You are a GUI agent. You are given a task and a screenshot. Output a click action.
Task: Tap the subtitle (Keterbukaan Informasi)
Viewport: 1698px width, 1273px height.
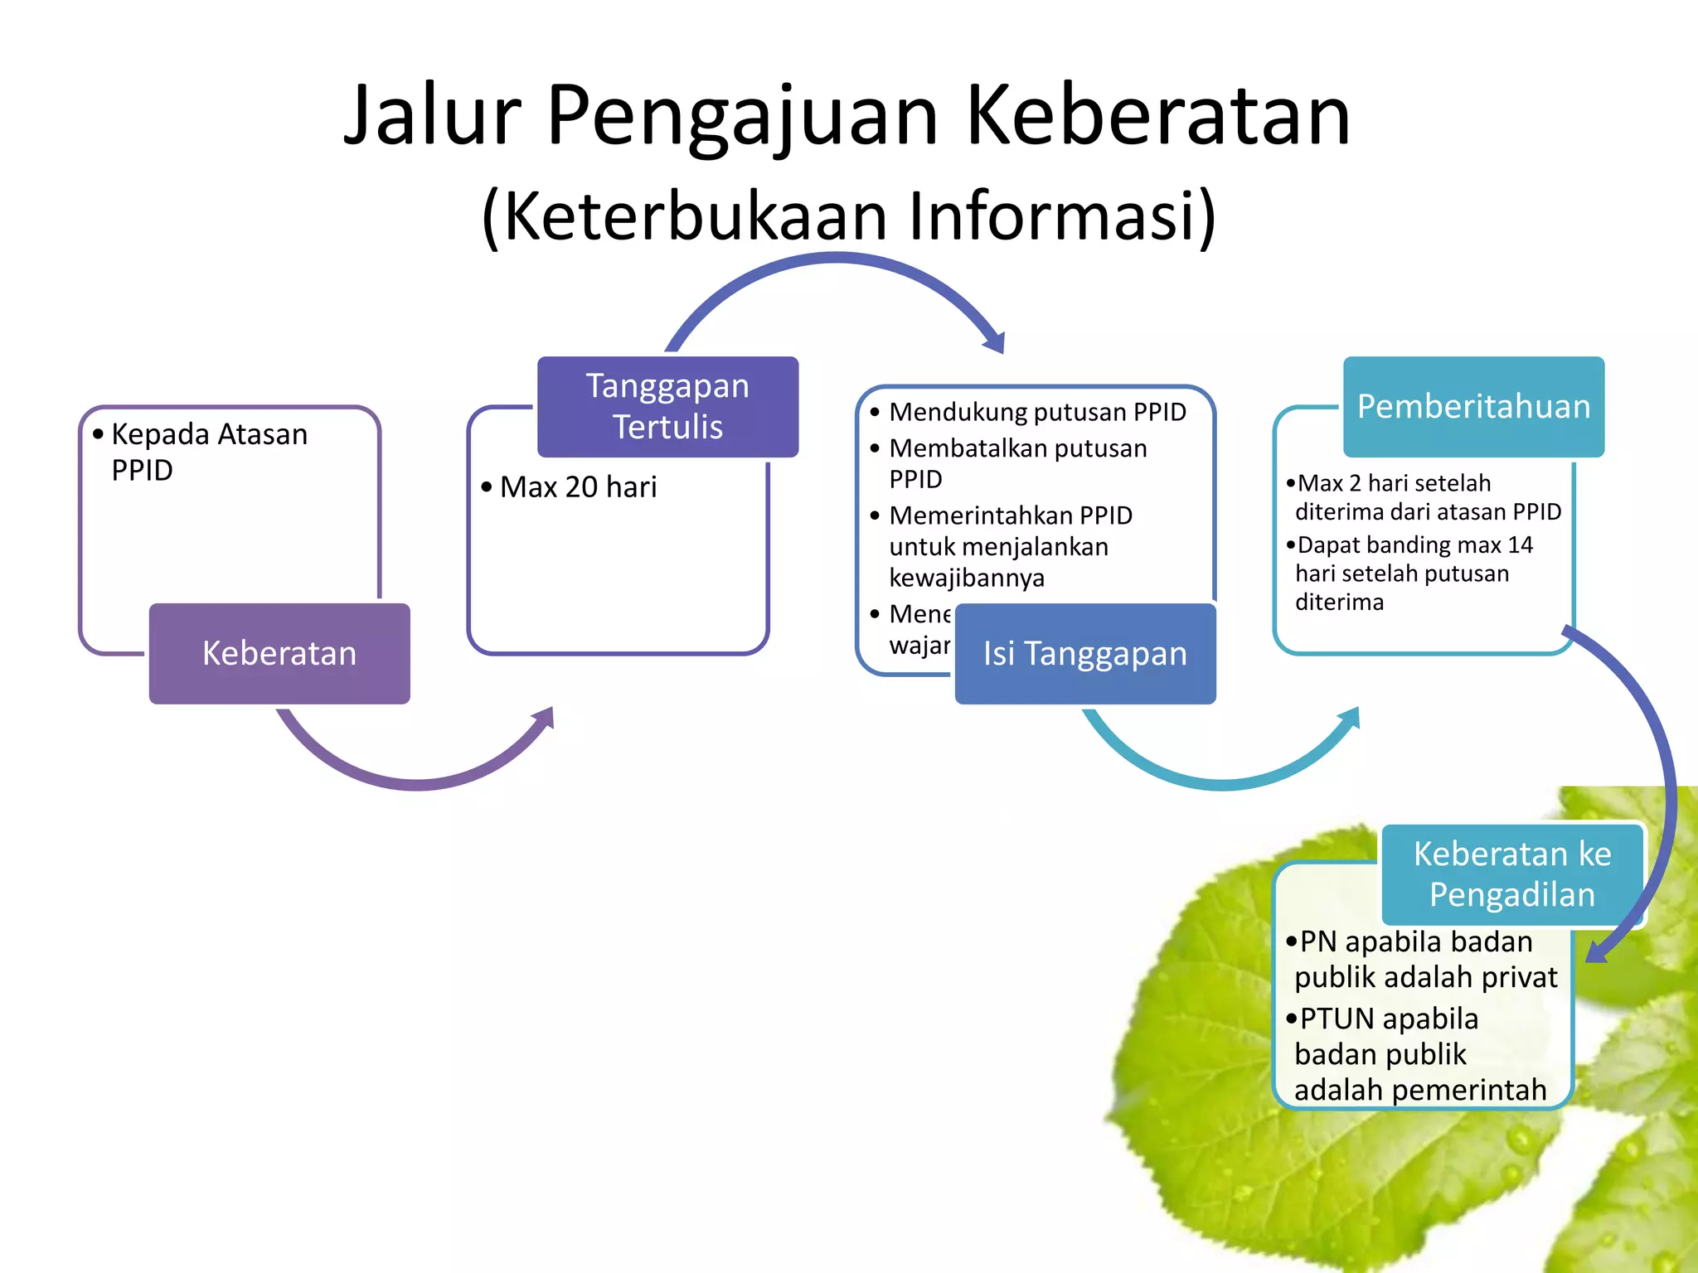pyautogui.click(x=849, y=215)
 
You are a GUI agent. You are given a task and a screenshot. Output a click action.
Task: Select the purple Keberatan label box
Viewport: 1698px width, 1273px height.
pyautogui.click(x=279, y=653)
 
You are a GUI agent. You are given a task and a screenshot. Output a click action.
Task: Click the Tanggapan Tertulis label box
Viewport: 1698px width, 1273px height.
pyautogui.click(x=667, y=406)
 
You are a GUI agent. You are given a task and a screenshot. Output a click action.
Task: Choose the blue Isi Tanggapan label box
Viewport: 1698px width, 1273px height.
pyautogui.click(x=1084, y=653)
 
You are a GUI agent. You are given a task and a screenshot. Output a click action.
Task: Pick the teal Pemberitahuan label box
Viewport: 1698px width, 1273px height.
pyautogui.click(x=1473, y=406)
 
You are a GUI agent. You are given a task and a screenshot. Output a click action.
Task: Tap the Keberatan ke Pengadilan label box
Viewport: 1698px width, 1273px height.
pyautogui.click(x=1511, y=874)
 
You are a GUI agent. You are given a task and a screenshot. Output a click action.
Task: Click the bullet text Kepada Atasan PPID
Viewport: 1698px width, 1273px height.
pyautogui.click(x=209, y=451)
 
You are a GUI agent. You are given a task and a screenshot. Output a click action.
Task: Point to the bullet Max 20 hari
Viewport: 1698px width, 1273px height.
pyautogui.click(x=578, y=486)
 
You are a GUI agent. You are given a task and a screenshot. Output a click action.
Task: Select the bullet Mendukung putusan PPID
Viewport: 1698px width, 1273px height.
pyautogui.click(x=1036, y=412)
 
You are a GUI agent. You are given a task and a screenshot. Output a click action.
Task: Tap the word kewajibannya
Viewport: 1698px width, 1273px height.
pyautogui.click(x=967, y=578)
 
